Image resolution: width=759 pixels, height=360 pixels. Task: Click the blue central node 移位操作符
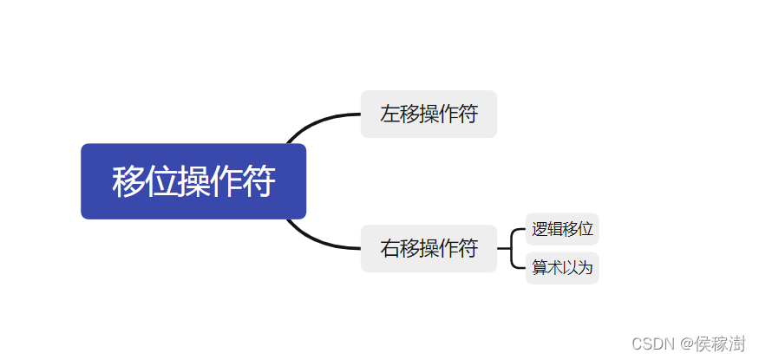click(x=193, y=181)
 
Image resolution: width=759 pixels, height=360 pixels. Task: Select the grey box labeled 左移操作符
click(x=429, y=114)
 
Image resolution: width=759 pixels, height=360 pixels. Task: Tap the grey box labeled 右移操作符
click(x=429, y=248)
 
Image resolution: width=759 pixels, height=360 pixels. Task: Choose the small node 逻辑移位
click(x=562, y=230)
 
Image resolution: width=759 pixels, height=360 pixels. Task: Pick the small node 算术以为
click(x=562, y=268)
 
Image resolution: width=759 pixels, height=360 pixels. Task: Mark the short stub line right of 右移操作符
click(x=504, y=248)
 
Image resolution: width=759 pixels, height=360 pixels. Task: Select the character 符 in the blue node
click(x=258, y=182)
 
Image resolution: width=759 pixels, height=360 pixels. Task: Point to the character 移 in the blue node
click(x=128, y=182)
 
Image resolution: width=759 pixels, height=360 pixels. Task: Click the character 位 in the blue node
click(x=160, y=182)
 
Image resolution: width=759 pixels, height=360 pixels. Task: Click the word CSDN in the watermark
click(x=653, y=344)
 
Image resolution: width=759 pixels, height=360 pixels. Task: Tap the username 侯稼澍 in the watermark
click(x=720, y=344)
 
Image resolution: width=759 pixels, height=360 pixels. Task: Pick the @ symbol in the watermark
click(x=684, y=344)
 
